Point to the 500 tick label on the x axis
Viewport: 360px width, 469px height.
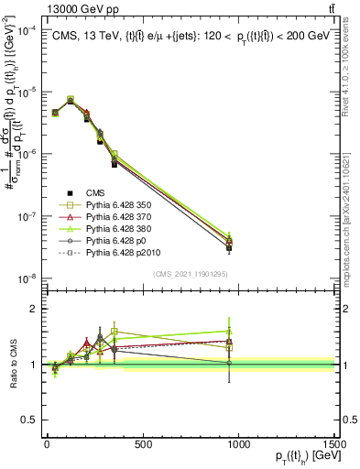click(142, 444)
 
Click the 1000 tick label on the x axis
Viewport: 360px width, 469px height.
click(238, 444)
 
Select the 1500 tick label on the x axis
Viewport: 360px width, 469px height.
click(333, 444)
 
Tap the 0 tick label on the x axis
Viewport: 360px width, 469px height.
click(47, 444)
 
